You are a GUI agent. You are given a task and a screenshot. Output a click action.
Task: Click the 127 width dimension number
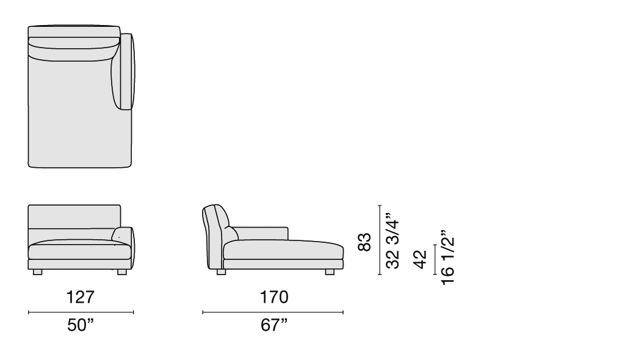tap(81, 297)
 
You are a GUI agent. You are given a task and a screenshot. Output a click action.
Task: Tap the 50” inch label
tap(81, 325)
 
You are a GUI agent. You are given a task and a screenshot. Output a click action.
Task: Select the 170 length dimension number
tap(274, 297)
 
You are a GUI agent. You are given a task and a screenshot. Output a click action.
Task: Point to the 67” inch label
tap(274, 325)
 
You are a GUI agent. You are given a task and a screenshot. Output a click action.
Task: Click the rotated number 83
tap(364, 242)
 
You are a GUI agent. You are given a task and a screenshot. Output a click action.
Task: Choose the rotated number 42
tap(420, 259)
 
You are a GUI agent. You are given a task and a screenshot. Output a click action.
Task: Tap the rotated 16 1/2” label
tap(447, 257)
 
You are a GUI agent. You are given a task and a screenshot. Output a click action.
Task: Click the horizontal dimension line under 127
tap(81, 312)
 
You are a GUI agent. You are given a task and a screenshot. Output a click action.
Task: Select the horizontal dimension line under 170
tap(273, 312)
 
